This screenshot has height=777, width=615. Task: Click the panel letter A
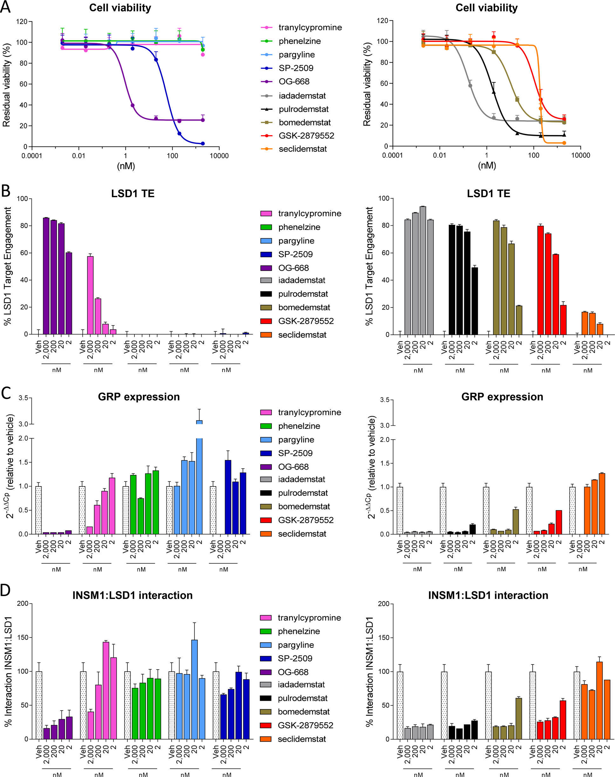click(5, 7)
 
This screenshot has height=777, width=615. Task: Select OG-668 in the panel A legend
click(294, 82)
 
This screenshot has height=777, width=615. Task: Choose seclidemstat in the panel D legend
click(302, 739)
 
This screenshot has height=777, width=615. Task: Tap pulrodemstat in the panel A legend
click(304, 109)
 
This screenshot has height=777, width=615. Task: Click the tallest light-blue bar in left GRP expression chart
click(199, 477)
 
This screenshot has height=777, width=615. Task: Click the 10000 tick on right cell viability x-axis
click(580, 155)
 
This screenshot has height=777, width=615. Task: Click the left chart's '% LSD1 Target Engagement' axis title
click(7, 266)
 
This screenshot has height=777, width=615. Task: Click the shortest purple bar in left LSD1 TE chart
click(69, 293)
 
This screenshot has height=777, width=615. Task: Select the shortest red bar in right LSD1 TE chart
click(563, 320)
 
